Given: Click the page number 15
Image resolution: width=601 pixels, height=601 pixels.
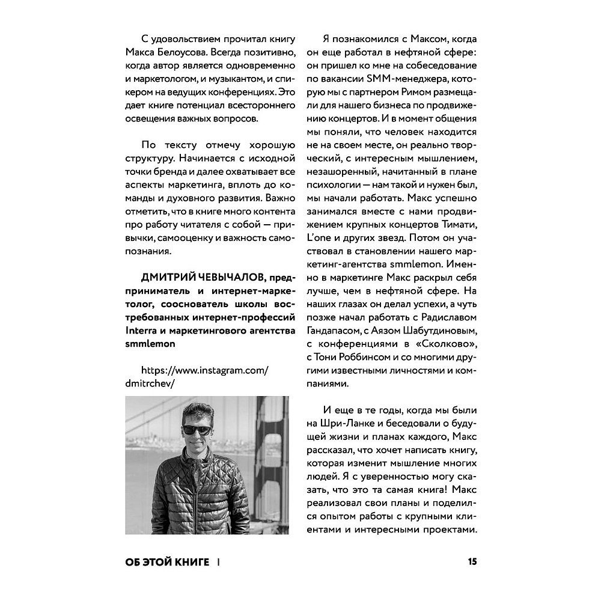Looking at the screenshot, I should (x=472, y=562).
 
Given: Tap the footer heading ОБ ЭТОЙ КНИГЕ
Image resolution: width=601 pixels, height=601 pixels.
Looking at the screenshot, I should (x=167, y=563).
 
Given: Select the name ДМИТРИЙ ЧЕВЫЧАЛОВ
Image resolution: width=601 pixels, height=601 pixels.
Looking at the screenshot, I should (x=204, y=276).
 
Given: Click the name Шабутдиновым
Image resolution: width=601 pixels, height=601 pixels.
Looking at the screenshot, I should (x=438, y=331).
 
